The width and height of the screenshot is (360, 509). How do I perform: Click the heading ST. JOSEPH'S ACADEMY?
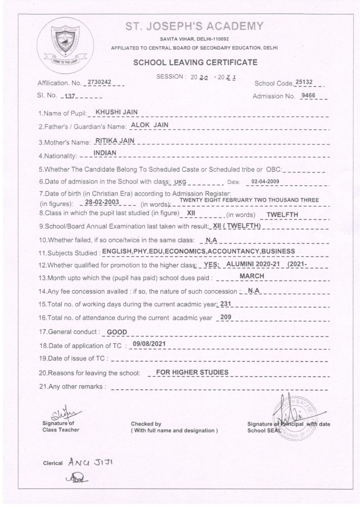pos(194,26)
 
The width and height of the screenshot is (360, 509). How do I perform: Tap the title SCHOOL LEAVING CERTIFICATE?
pos(195,62)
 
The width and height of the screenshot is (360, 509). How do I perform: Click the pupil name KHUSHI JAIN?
pos(116,112)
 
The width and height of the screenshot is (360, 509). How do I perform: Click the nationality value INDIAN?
pos(105,153)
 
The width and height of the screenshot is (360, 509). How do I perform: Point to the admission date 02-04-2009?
pos(265,181)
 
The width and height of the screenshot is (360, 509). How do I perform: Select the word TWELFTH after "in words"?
pos(282,215)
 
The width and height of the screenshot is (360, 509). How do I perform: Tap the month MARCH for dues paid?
pos(252,276)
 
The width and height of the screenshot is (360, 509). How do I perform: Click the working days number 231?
pos(225,304)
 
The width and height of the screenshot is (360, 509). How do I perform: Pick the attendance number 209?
pos(225,317)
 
